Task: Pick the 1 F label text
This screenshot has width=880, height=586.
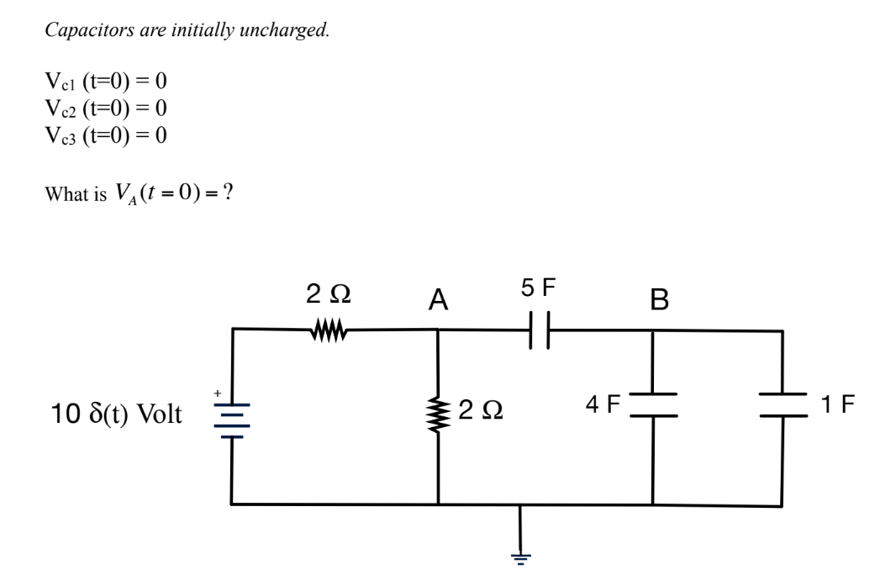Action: click(838, 404)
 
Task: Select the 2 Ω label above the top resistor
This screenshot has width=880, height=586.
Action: click(329, 295)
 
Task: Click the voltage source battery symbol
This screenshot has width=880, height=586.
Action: click(232, 417)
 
